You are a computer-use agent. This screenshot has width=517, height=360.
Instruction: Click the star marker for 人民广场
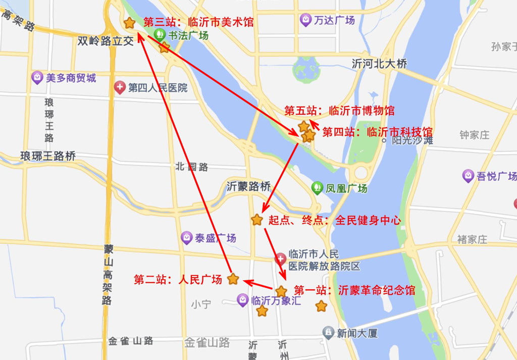(x=233, y=279)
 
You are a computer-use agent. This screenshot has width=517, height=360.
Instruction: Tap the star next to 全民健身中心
(x=257, y=220)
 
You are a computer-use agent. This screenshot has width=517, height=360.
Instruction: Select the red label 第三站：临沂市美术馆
(x=198, y=22)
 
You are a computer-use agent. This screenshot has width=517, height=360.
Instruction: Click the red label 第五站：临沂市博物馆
(x=339, y=111)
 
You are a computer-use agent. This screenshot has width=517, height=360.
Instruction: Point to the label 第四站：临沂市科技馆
(x=377, y=132)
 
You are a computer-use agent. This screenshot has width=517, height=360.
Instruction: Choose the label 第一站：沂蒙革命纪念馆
(x=354, y=291)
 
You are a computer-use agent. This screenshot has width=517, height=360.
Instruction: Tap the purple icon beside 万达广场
(x=305, y=20)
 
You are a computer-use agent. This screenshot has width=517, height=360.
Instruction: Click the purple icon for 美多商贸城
(x=37, y=78)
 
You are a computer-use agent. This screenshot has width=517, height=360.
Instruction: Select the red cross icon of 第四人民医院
(x=120, y=88)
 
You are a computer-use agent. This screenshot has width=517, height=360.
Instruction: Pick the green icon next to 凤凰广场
(x=317, y=188)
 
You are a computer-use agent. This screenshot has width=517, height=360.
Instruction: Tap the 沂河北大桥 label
(x=379, y=64)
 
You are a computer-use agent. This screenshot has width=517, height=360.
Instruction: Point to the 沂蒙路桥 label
(x=249, y=186)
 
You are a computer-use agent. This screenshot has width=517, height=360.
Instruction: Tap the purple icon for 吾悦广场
(x=468, y=176)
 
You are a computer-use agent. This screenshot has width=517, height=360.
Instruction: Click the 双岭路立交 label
(x=106, y=41)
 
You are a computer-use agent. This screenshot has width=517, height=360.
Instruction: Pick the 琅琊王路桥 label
(x=48, y=156)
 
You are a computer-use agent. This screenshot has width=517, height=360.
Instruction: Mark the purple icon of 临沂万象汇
(x=243, y=300)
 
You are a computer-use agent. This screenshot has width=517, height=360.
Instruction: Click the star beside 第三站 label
(x=129, y=23)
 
